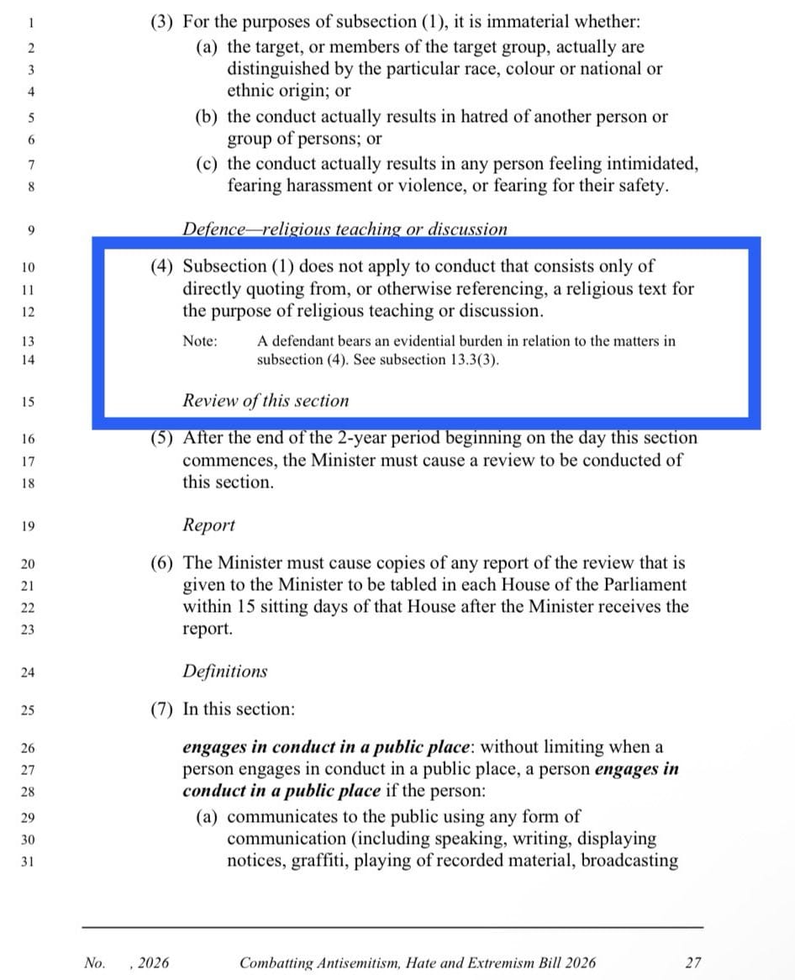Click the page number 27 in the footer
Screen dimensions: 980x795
[x=692, y=962]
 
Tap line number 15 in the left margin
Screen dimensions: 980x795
[x=28, y=402]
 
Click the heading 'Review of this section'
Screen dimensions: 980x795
[x=266, y=401]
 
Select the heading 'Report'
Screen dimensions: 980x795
[x=209, y=525]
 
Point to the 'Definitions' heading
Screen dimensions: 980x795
[x=225, y=672]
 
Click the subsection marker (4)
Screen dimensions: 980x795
[x=162, y=266]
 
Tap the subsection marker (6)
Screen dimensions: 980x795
[x=162, y=562]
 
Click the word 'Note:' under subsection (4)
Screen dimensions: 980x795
[x=200, y=341]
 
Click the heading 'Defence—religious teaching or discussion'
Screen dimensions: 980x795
[x=345, y=229]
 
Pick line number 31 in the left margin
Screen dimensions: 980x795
[x=28, y=861]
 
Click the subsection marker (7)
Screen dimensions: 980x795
[x=162, y=709]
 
